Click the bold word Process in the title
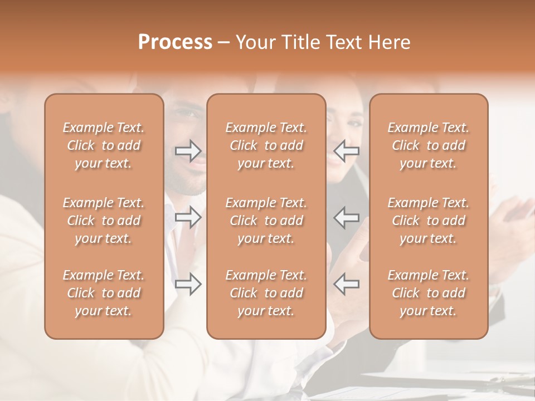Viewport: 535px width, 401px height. [x=175, y=42]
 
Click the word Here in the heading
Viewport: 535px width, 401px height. [x=390, y=42]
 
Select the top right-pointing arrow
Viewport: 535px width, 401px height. [x=188, y=150]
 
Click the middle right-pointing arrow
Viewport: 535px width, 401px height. [x=188, y=217]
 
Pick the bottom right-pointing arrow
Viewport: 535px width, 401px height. [x=188, y=284]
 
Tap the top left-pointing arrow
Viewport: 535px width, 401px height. [x=347, y=150]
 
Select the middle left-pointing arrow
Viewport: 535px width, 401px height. [x=347, y=217]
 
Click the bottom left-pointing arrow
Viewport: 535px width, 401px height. [x=347, y=284]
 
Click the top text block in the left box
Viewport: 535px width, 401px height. [x=104, y=145]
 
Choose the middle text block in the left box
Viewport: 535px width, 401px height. [x=104, y=221]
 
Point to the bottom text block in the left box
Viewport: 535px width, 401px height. [x=104, y=293]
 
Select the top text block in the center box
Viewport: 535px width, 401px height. [x=266, y=145]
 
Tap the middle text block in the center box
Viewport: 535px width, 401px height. [x=266, y=221]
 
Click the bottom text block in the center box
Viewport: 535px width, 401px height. [x=266, y=293]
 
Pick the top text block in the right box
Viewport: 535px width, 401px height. [x=428, y=145]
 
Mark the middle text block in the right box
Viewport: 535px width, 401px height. [x=428, y=221]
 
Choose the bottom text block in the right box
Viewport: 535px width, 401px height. [x=428, y=293]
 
